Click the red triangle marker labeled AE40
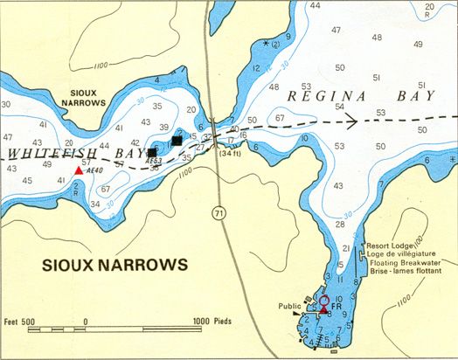(x=79, y=170)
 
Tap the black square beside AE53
(x=152, y=152)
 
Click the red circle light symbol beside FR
(x=324, y=299)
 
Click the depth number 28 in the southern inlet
(x=341, y=225)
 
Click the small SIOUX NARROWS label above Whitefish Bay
(x=87, y=96)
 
